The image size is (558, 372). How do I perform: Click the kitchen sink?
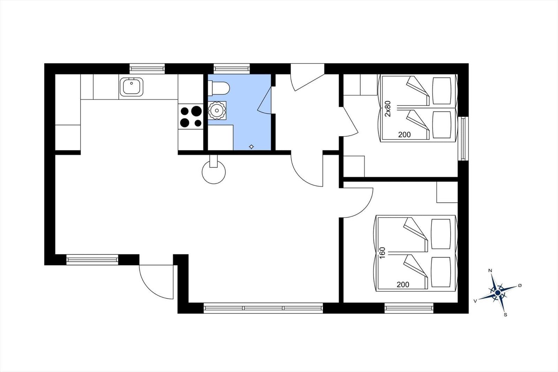(131, 87)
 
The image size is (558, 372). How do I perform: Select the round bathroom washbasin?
(217, 111)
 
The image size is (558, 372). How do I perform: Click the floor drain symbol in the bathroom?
(251, 147)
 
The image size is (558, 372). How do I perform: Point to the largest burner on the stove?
(197, 111)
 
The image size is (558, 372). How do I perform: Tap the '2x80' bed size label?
(388, 109)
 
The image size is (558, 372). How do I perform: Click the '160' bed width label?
(382, 253)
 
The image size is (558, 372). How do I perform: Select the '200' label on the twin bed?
(404, 135)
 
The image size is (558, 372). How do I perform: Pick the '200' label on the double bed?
(403, 284)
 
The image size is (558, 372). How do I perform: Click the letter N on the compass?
(490, 270)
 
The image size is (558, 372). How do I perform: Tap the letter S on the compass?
(505, 315)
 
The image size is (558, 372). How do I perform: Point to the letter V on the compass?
(475, 301)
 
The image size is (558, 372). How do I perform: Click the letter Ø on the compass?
(520, 285)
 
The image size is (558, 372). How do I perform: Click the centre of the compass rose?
(498, 292)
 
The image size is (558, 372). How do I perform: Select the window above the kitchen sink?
(147, 68)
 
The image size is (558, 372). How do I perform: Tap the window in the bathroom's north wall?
(232, 68)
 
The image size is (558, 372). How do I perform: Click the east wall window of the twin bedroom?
(463, 139)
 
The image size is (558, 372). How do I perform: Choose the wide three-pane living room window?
(263, 308)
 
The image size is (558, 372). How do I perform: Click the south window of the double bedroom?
(409, 308)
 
